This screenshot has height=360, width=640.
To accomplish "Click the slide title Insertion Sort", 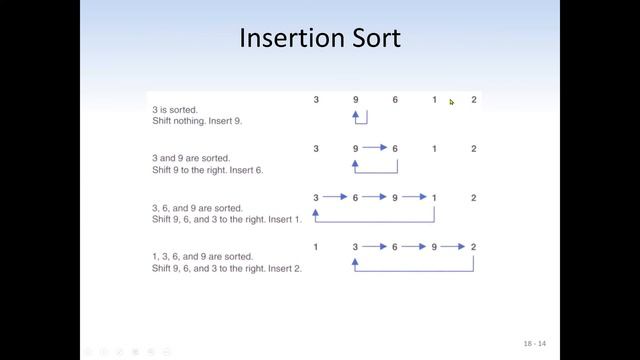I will (320, 39).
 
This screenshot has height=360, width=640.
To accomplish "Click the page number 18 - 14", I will (535, 344).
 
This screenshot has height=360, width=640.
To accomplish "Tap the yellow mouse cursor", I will (452, 101).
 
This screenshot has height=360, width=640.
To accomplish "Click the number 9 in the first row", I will (355, 100).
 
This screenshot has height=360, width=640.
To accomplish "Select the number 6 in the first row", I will (395, 100).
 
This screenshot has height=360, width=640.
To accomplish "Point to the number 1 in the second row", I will (434, 149).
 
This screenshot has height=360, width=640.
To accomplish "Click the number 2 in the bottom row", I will (473, 247).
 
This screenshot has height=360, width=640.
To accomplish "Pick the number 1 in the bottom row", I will (316, 247).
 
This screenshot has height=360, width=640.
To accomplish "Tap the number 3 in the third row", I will (316, 198).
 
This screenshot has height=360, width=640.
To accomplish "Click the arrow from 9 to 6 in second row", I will (375, 149).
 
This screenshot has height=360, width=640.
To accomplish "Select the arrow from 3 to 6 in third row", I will (335, 198).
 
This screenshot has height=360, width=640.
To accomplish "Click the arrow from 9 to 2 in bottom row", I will (454, 247).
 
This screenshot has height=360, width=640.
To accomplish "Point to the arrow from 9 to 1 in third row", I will (415, 198).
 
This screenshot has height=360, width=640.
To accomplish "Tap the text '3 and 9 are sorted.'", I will (191, 158).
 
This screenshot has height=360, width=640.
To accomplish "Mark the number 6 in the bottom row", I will (395, 247).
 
